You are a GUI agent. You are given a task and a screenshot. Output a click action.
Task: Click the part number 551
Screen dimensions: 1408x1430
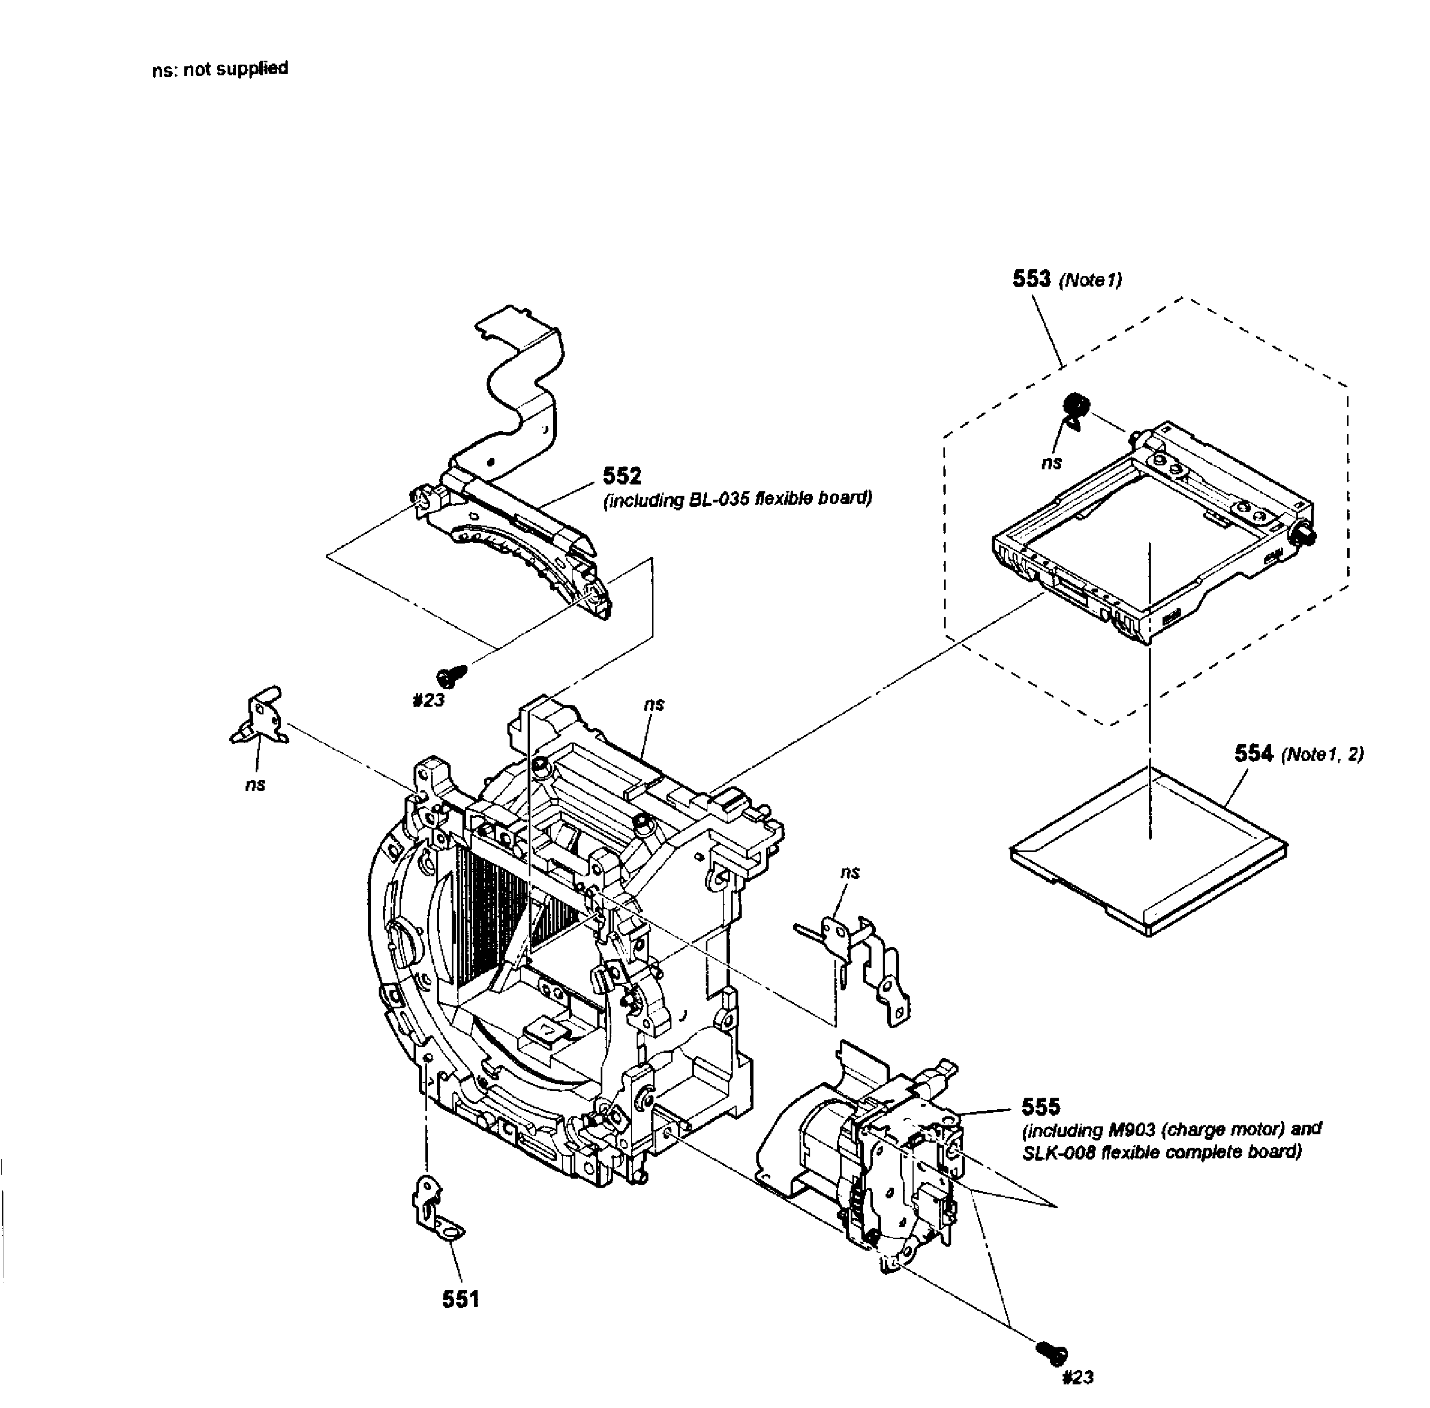[x=461, y=1298]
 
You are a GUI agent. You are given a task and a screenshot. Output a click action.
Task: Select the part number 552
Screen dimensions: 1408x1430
[x=622, y=476]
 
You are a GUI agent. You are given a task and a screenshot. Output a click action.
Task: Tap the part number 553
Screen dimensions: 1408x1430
[x=1032, y=279]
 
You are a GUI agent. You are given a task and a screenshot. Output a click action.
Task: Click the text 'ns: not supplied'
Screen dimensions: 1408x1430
[x=220, y=70]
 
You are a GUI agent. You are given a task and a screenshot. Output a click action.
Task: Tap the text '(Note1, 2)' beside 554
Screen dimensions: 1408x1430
[x=1323, y=755]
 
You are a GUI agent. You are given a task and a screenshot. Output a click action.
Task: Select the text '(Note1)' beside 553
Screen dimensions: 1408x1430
[x=1091, y=280]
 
